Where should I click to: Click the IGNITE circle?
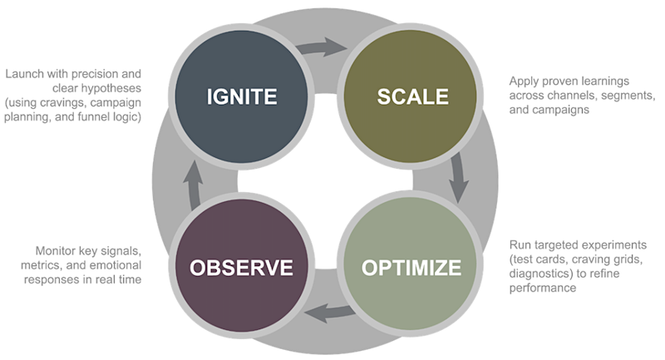241,96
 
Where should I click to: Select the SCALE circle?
412,96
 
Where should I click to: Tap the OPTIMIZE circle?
411,268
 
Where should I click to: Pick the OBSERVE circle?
241,268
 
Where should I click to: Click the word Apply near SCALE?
525,81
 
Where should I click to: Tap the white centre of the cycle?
327,180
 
